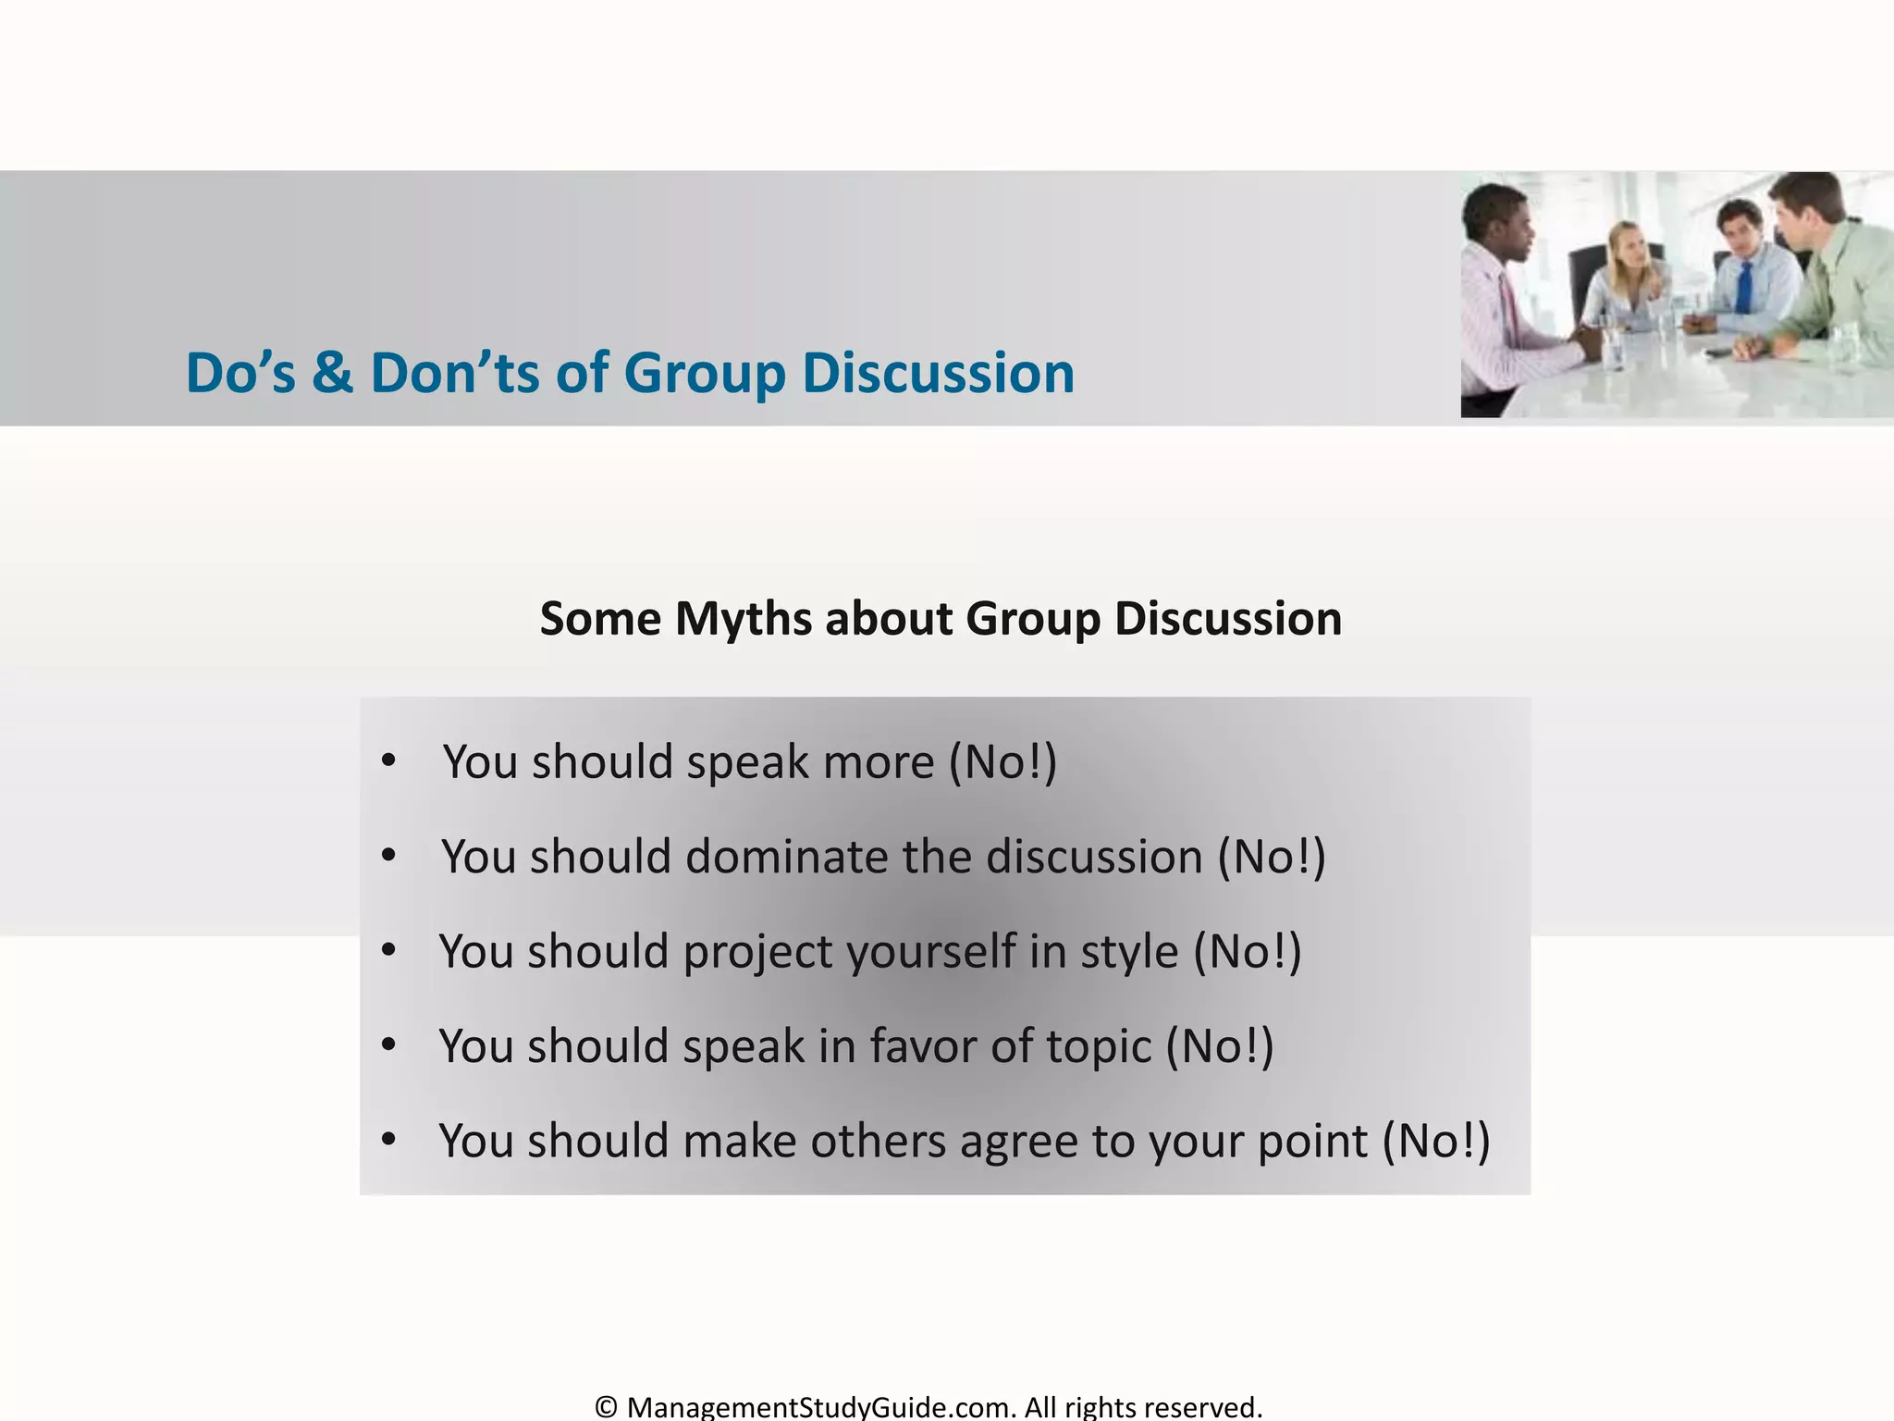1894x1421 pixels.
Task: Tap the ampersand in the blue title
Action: point(332,373)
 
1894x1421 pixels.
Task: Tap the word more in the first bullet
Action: point(878,762)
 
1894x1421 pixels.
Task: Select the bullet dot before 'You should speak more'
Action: point(388,760)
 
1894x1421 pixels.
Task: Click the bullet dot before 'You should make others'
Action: point(388,1140)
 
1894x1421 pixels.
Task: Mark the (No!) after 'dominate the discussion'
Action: point(1271,856)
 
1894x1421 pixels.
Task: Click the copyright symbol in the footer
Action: point(606,1407)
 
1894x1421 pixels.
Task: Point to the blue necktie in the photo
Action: point(1744,286)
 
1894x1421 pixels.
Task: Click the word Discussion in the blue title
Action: point(938,374)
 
